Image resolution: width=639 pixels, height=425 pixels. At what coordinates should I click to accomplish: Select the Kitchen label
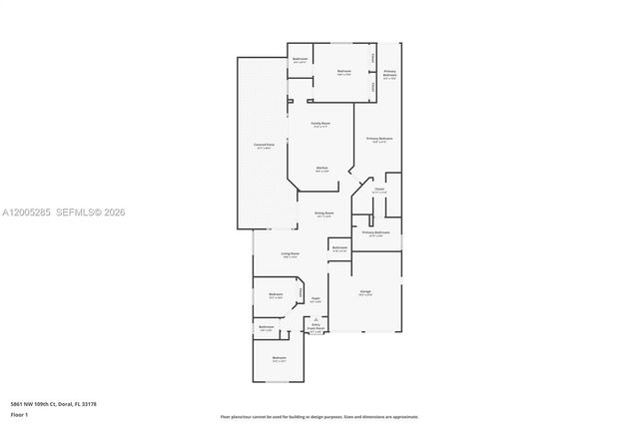[x=321, y=168]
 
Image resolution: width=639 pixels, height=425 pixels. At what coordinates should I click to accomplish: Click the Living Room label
[x=290, y=255]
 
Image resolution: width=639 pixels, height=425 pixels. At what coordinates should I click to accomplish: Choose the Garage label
[x=365, y=292]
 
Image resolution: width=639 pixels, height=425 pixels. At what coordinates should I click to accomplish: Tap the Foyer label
[x=316, y=298]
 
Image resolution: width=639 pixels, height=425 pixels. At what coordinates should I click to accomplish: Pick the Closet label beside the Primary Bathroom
[x=380, y=189]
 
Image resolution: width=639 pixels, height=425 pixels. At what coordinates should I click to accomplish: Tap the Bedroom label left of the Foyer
[x=277, y=294]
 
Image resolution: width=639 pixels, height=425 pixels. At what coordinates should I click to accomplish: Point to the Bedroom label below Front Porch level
[x=280, y=358]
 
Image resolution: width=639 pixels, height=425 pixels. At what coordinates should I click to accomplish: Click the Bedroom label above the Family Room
[x=343, y=72]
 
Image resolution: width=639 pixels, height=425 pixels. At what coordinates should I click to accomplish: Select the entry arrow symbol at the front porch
[x=317, y=318]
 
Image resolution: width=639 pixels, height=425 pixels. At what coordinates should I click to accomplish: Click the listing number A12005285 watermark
[x=25, y=212]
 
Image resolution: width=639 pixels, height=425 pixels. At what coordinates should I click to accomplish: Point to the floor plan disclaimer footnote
[x=319, y=416]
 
